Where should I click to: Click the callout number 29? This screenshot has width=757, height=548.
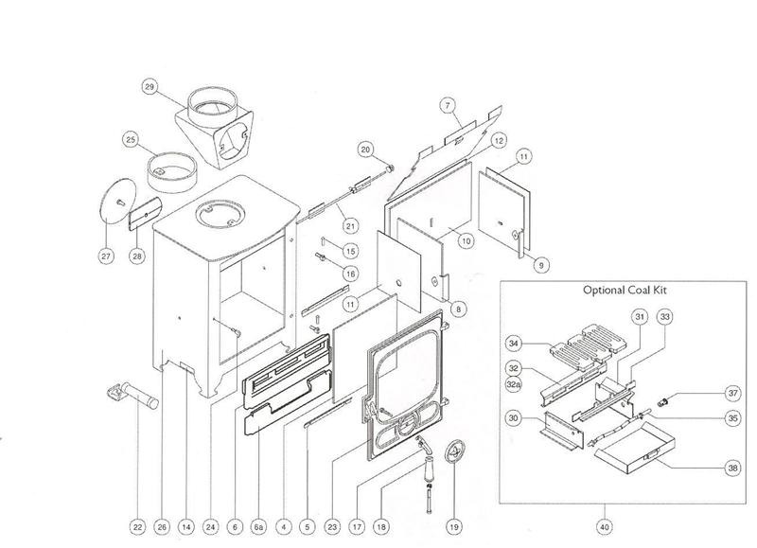coord(149,87)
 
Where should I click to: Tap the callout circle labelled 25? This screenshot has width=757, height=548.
coord(131,140)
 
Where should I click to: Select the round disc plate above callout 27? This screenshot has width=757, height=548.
coord(116,202)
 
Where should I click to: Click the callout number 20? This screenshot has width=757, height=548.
coord(366,149)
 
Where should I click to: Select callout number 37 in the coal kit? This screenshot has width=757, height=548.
coord(706,393)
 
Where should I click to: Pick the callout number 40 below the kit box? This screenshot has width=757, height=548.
coord(605,525)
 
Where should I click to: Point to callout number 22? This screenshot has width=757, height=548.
coord(138,525)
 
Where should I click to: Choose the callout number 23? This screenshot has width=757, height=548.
coord(332,525)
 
